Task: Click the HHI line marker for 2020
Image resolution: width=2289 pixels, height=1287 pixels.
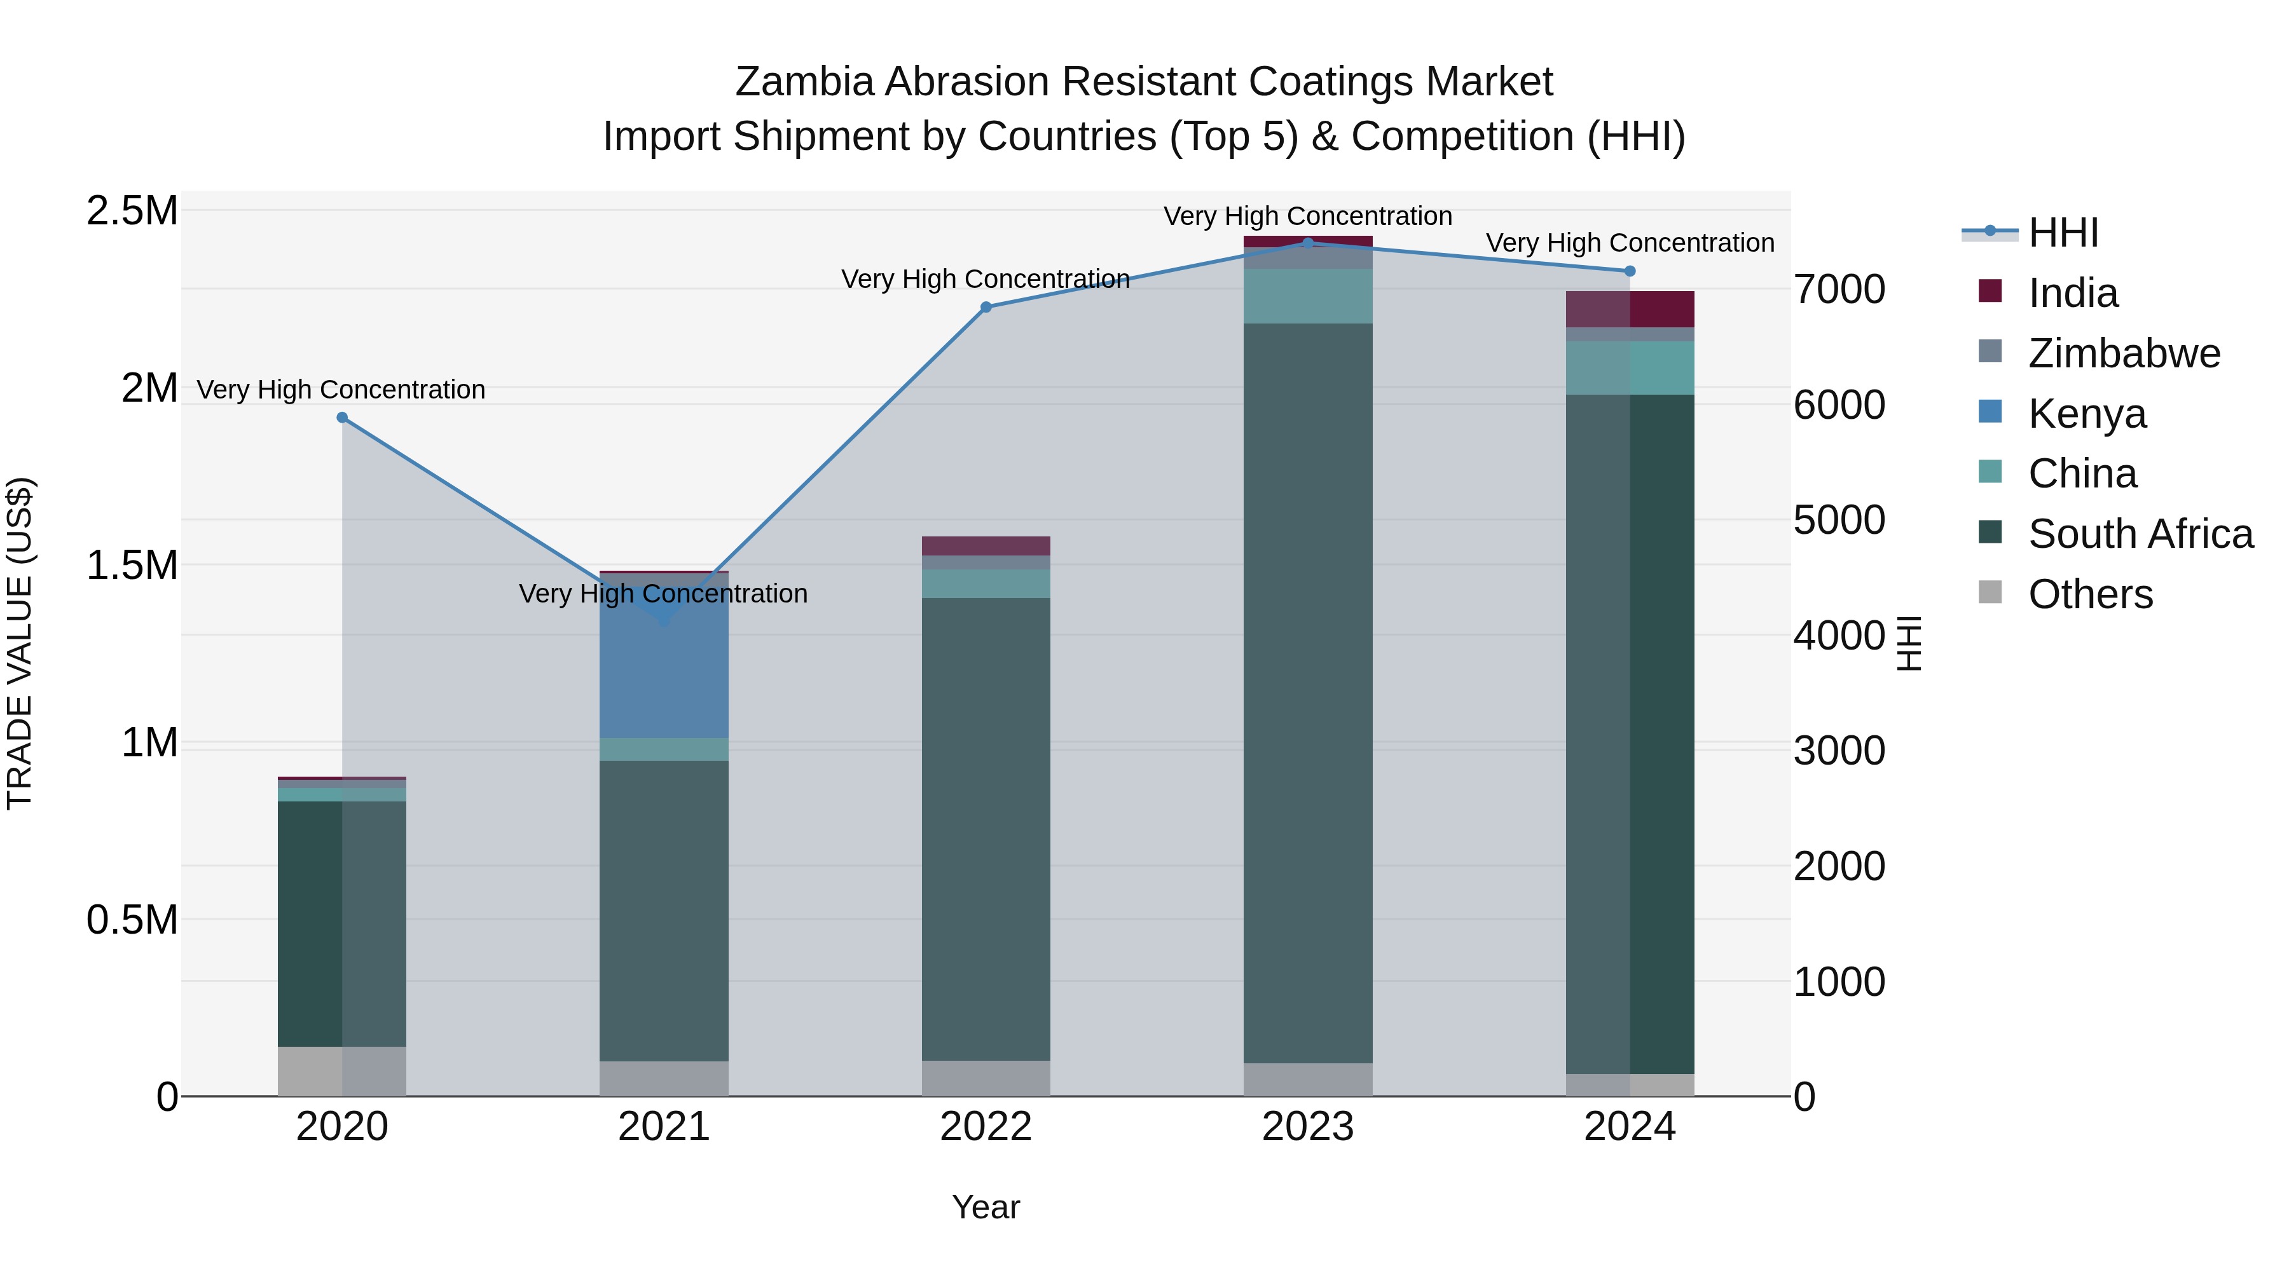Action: tap(342, 418)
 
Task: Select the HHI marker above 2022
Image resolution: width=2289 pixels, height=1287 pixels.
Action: tap(986, 308)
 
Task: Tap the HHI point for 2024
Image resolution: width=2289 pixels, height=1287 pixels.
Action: tap(1630, 271)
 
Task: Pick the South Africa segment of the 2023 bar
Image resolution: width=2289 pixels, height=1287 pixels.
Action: tap(1307, 693)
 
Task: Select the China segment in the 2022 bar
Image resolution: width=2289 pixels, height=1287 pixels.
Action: tap(986, 583)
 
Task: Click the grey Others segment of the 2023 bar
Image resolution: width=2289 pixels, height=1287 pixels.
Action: tap(1307, 1079)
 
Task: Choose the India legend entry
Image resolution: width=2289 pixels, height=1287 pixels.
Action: tap(2073, 293)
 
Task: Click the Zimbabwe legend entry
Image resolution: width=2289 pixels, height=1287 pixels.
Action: tap(2124, 353)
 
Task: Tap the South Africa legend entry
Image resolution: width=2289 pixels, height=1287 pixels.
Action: tap(2140, 534)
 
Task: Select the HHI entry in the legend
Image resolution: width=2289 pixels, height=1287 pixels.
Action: tap(2063, 233)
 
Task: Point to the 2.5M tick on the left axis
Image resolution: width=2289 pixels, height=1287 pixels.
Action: tap(132, 212)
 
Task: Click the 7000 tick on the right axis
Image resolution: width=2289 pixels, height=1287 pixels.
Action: tap(1838, 290)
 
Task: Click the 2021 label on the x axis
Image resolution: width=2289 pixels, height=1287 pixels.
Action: tap(664, 1127)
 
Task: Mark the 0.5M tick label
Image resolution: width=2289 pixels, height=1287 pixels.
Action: tap(132, 920)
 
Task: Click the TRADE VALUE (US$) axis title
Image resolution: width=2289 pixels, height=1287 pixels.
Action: tap(20, 643)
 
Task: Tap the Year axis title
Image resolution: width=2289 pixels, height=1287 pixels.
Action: tap(986, 1207)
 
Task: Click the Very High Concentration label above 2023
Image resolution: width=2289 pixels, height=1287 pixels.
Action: tap(1307, 216)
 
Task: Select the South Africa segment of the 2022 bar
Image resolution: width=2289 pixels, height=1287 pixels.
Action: tap(986, 826)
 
